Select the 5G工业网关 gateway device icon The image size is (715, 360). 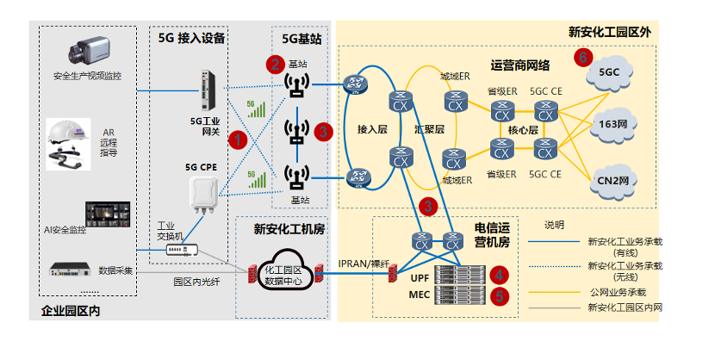pos(208,90)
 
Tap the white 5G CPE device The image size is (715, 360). pos(204,195)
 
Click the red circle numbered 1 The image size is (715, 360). pos(238,140)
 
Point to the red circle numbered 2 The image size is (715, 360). pos(276,65)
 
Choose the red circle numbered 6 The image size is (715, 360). pos(583,58)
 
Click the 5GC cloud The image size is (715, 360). pos(610,73)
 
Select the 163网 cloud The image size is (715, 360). pos(612,124)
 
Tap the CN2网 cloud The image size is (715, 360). pos(612,181)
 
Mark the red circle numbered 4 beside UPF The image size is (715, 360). pos(500,275)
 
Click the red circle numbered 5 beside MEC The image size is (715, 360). pos(500,296)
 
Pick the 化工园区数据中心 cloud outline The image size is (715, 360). pos(284,271)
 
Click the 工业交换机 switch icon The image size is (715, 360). pos(182,250)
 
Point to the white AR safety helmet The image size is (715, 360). pos(68,144)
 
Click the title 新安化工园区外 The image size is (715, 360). pos(610,33)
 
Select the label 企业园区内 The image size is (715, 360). pos(71,311)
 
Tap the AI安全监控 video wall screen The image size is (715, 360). pos(108,214)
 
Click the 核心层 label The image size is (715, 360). pos(523,130)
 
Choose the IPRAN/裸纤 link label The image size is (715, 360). pos(364,264)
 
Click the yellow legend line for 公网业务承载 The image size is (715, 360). pos(554,293)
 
